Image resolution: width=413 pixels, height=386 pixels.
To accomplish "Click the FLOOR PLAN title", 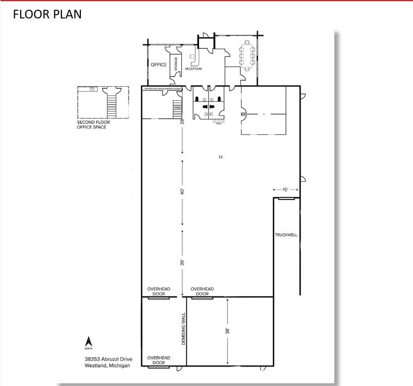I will coord(47,14).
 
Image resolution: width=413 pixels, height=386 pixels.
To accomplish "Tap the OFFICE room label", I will coord(158,65).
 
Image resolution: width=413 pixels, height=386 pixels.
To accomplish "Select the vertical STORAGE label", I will coord(176,64).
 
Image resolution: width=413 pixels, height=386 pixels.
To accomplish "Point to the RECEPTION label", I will coord(193,69).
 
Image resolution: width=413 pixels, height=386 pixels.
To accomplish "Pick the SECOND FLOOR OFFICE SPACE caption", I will coord(92,125).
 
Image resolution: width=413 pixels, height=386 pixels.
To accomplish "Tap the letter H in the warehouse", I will coord(220,157).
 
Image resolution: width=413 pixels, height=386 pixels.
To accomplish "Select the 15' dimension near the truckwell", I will coord(285,190).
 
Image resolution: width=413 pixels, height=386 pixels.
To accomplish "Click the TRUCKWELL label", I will coord(285,235).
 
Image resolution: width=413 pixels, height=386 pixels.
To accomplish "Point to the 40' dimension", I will coord(183,192).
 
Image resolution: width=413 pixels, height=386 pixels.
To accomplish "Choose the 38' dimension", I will coord(228,330).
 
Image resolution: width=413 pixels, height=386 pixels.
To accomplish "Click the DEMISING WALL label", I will coord(183,329).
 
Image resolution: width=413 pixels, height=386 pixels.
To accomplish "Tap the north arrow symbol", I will coord(88,342).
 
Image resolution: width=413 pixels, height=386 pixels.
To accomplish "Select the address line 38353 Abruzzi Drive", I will coord(107,358).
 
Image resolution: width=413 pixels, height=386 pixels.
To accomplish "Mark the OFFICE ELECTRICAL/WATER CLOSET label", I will coord(166,88).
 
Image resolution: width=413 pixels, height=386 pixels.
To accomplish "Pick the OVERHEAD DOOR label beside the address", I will coord(158,360).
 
